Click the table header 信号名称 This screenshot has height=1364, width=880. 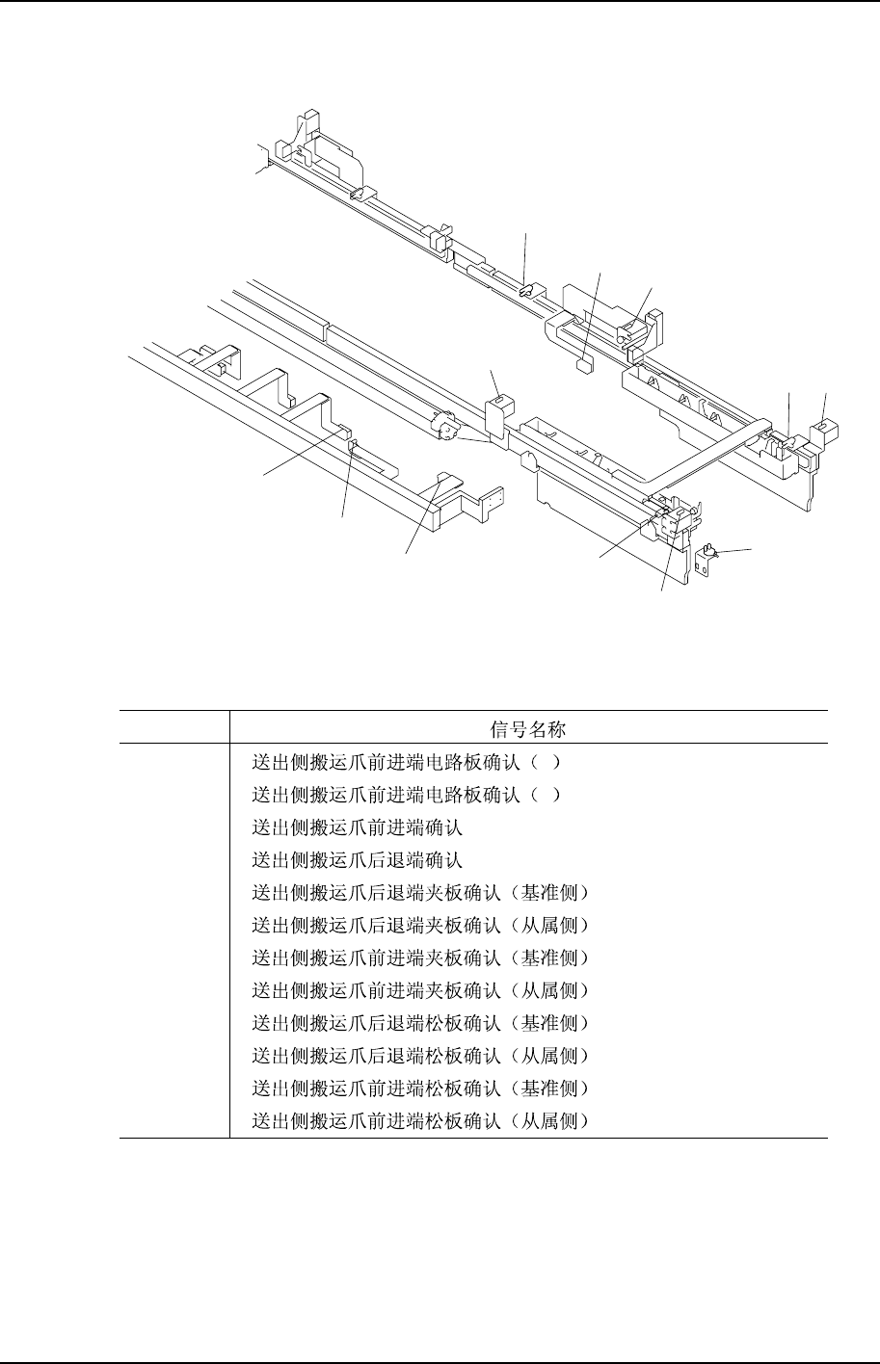click(528, 727)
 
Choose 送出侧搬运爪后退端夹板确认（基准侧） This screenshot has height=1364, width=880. click(419, 892)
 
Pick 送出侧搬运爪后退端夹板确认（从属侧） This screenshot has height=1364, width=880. click(419, 925)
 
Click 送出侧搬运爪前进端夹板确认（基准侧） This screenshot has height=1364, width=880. click(419, 957)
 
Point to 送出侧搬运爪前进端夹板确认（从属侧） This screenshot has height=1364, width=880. click(419, 990)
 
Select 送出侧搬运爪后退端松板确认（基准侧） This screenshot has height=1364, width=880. click(419, 1022)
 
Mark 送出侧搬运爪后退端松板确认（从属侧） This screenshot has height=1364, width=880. click(419, 1055)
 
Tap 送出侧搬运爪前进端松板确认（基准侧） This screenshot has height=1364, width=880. click(419, 1088)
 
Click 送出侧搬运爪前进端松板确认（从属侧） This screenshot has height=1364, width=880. click(419, 1120)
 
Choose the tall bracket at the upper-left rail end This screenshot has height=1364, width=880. click(289, 139)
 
